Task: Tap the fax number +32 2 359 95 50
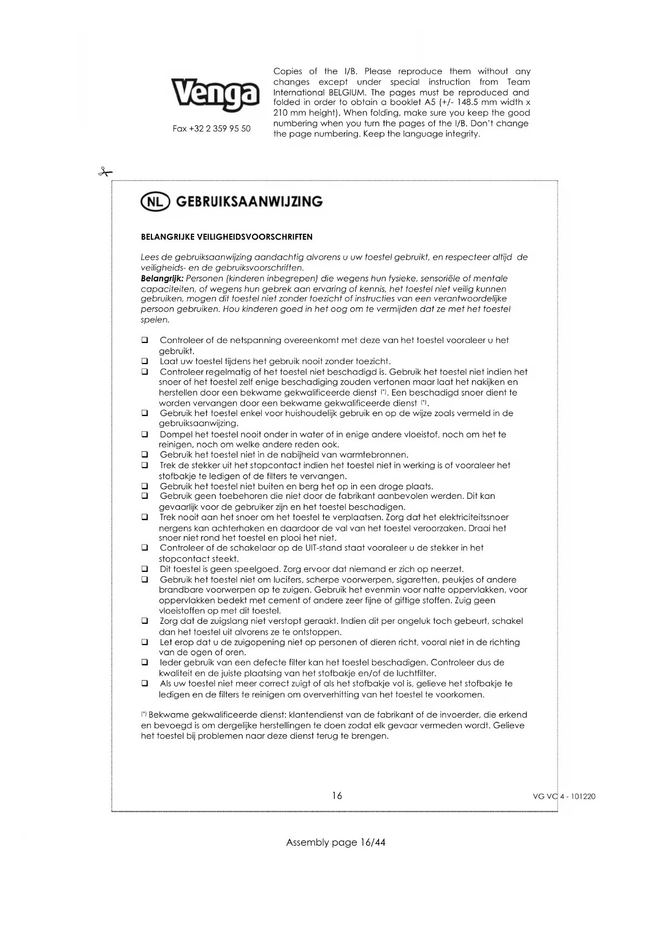point(211,129)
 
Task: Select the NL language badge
point(155,202)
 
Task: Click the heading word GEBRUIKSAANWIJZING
point(249,202)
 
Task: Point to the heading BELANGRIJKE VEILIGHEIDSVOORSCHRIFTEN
point(227,237)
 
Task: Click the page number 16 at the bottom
point(337,795)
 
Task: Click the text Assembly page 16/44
point(336,842)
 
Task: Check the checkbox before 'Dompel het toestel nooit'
point(145,434)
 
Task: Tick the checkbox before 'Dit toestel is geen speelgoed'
point(145,569)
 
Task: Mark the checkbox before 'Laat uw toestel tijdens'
point(145,361)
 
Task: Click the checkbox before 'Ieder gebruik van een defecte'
point(145,662)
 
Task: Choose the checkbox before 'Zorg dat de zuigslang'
point(145,621)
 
